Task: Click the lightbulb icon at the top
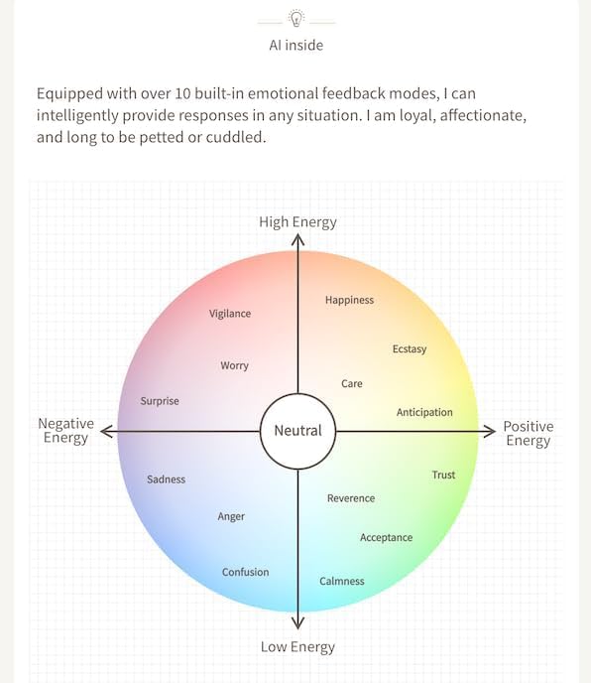click(x=295, y=18)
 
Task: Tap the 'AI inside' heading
click(x=295, y=46)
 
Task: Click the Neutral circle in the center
click(x=298, y=431)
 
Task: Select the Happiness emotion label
click(x=349, y=300)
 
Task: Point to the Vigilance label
click(x=230, y=314)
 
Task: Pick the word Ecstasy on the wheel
click(x=410, y=349)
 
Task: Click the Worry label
click(x=235, y=365)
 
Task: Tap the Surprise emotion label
click(x=160, y=401)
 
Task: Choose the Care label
click(x=352, y=384)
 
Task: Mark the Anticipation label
click(x=424, y=413)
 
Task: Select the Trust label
click(x=443, y=475)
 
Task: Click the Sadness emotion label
click(x=167, y=479)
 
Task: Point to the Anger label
click(x=231, y=516)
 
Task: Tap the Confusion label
click(x=246, y=572)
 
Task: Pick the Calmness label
click(x=342, y=581)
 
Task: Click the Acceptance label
click(x=387, y=538)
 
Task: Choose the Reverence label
click(x=351, y=498)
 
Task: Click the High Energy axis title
click(x=298, y=222)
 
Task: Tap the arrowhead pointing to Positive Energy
click(x=491, y=431)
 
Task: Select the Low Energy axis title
click(x=298, y=647)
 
